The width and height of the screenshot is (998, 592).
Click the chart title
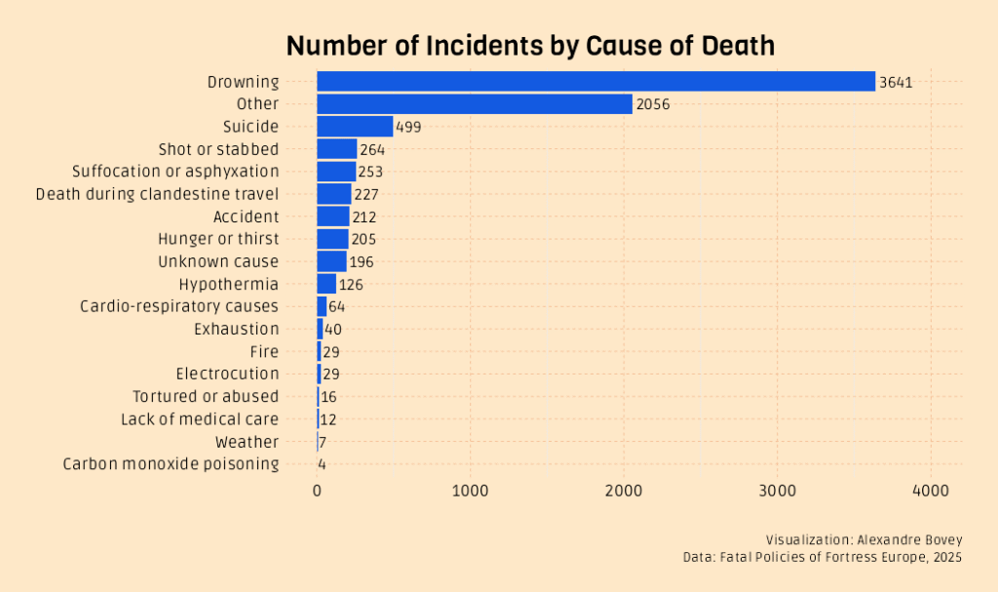pyautogui.click(x=530, y=45)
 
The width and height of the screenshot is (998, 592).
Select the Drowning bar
pyautogui.click(x=595, y=82)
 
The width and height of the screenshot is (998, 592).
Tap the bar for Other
pyautogui.click(x=475, y=104)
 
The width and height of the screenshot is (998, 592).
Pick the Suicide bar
pyautogui.click(x=355, y=127)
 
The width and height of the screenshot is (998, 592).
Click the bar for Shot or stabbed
pyautogui.click(x=337, y=149)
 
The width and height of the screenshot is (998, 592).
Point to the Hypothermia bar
pyautogui.click(x=326, y=284)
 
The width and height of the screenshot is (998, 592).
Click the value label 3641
pyautogui.click(x=895, y=82)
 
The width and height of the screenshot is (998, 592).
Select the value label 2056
pyautogui.click(x=652, y=104)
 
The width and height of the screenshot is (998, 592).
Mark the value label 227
pyautogui.click(x=366, y=194)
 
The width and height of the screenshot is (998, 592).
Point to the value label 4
pyautogui.click(x=322, y=464)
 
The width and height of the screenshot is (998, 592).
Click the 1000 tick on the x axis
pyautogui.click(x=471, y=493)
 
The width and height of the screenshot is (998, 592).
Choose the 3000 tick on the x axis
pyautogui.click(x=778, y=493)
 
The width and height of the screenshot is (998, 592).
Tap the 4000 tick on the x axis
pyautogui.click(x=931, y=493)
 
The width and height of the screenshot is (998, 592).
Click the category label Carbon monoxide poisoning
pyautogui.click(x=171, y=464)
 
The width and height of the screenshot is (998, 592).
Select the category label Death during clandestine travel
pyautogui.click(x=157, y=194)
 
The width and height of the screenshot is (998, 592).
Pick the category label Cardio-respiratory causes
pyautogui.click(x=179, y=306)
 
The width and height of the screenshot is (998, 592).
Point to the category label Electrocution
pyautogui.click(x=227, y=374)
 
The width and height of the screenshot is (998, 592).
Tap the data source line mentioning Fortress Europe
pyautogui.click(x=823, y=557)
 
